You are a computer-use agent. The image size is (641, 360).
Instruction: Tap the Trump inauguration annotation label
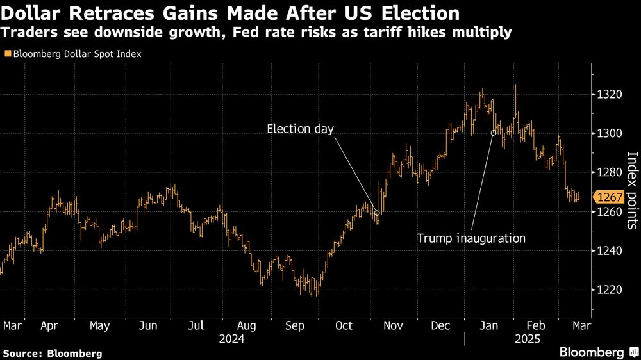471,238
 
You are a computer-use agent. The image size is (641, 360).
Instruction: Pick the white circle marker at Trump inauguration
494,133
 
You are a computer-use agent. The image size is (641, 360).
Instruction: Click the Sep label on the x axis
295,326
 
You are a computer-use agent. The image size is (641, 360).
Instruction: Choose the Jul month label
196,326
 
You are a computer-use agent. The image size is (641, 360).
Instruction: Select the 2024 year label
232,339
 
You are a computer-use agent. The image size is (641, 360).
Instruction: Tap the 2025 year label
526,339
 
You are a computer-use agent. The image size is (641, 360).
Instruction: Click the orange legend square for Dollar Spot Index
7,54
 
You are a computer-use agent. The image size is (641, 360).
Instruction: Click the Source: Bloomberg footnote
53,353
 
